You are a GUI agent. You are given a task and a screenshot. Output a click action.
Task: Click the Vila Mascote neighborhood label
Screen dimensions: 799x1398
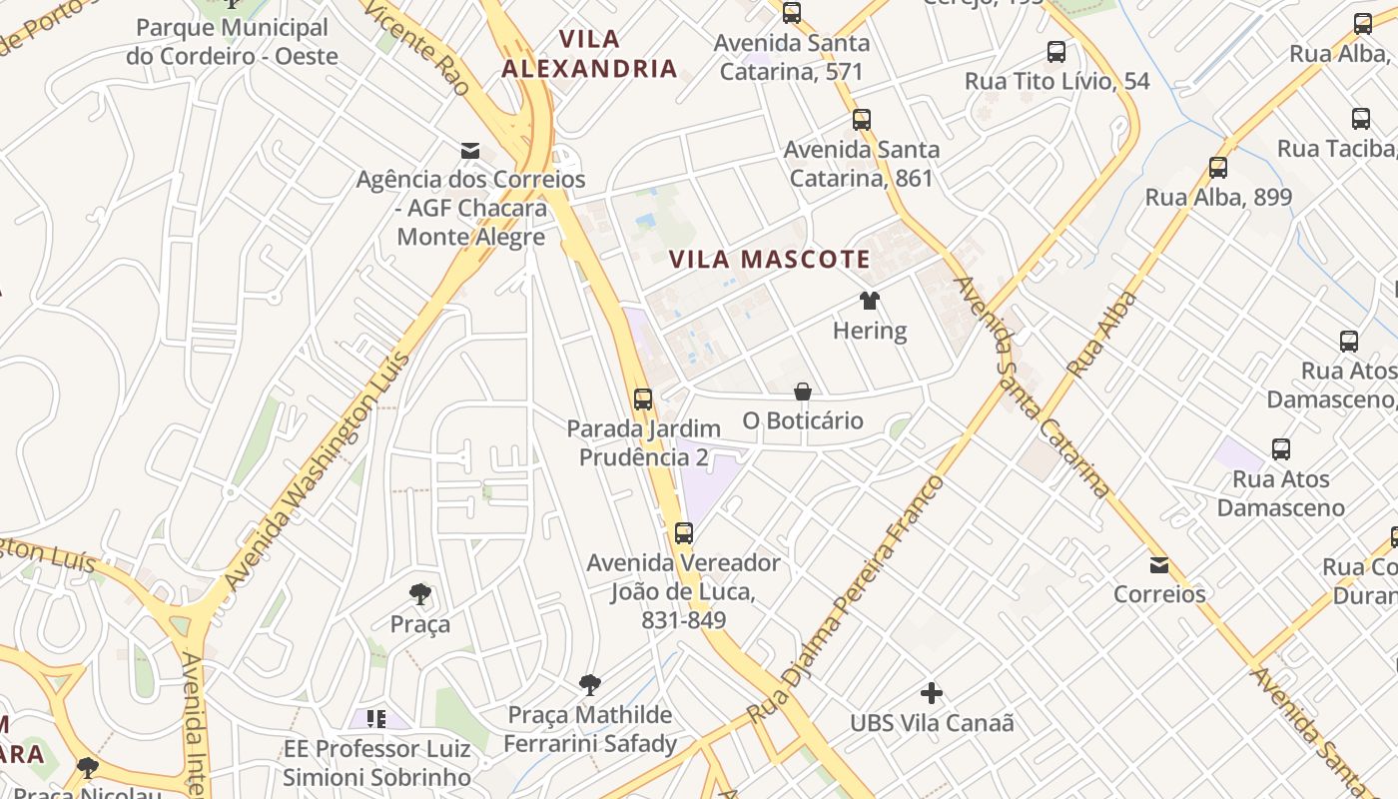[769, 260]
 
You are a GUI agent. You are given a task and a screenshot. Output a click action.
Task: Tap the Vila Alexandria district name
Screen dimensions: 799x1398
[589, 55]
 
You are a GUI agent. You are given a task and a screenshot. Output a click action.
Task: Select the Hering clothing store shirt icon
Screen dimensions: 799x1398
[870, 300]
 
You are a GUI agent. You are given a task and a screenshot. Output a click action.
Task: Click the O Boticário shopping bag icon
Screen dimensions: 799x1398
[803, 391]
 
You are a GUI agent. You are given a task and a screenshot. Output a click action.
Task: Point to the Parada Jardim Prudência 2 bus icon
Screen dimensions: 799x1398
[643, 399]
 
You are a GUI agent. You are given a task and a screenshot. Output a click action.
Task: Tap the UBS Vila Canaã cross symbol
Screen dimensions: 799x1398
[932, 692]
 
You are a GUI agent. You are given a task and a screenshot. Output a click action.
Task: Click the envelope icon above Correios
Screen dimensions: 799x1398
[1159, 565]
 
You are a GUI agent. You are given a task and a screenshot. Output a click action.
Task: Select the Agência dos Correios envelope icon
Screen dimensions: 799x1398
[470, 151]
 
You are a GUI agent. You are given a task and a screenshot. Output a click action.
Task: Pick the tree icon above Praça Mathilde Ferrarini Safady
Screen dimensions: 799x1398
[590, 685]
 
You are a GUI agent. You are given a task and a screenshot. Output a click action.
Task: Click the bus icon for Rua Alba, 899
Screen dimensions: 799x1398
[1218, 167]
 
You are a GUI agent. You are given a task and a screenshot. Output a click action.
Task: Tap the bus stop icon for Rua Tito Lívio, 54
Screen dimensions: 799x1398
[1056, 52]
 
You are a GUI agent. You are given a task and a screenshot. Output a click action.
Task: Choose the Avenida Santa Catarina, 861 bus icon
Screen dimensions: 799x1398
[862, 120]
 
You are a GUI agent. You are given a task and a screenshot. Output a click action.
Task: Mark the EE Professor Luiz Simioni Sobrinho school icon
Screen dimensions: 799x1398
[376, 719]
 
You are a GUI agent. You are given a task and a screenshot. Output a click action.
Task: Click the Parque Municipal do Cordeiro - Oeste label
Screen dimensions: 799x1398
[232, 42]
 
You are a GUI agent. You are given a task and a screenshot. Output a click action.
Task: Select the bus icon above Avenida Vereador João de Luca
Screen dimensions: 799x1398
[684, 533]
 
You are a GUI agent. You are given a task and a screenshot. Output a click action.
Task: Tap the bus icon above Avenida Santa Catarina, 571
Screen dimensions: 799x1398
[792, 13]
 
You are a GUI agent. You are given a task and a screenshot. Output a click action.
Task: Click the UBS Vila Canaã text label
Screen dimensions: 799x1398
[932, 722]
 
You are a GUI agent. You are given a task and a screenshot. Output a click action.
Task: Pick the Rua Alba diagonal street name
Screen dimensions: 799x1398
[1102, 334]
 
